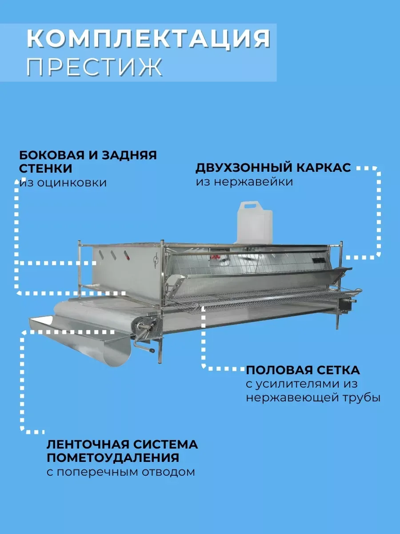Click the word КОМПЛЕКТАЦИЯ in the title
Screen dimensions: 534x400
tap(148, 39)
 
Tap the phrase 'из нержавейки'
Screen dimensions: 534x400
tap(244, 182)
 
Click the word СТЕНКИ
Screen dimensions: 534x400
tap(46, 169)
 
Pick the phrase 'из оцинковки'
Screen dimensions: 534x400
tap(63, 182)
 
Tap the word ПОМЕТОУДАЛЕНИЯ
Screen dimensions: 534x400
tap(113, 457)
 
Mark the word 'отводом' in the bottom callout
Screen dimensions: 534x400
tap(171, 472)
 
